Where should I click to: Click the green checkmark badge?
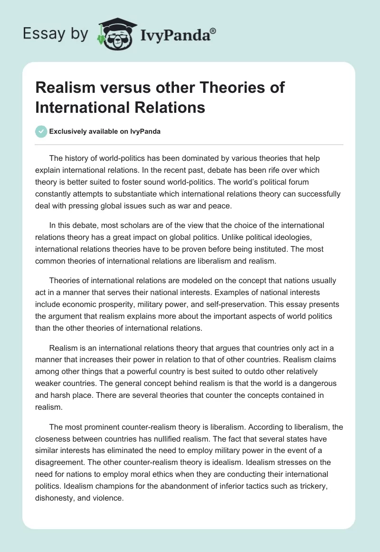(41, 131)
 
